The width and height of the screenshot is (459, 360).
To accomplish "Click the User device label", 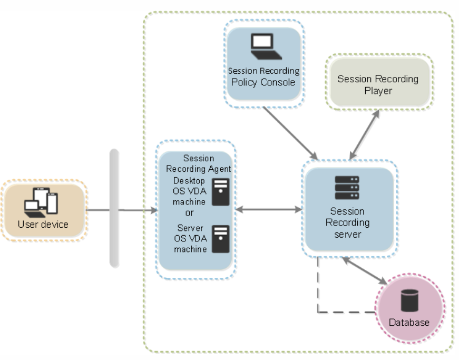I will coord(43,225).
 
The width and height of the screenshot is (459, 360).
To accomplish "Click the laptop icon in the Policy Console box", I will coord(262,46).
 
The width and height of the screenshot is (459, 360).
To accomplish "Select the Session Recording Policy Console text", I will coord(262,76).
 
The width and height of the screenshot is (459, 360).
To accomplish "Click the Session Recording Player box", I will coord(378,84).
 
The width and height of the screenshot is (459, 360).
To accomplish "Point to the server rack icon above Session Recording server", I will coord(347,188).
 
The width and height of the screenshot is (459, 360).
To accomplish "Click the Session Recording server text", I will coord(347,222).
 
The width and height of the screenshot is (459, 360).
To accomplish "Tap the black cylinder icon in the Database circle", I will coord(408,300).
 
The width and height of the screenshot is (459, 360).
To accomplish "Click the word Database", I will coord(409,322).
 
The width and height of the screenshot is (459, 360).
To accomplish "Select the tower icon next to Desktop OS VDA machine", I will coord(220,192).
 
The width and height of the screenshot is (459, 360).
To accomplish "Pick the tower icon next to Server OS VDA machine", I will coord(220,238).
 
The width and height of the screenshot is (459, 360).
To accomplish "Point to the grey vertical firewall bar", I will coord(114,208).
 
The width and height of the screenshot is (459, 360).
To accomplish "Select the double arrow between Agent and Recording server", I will coord(268,210).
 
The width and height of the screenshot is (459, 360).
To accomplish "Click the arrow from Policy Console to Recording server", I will coord(289,131).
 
